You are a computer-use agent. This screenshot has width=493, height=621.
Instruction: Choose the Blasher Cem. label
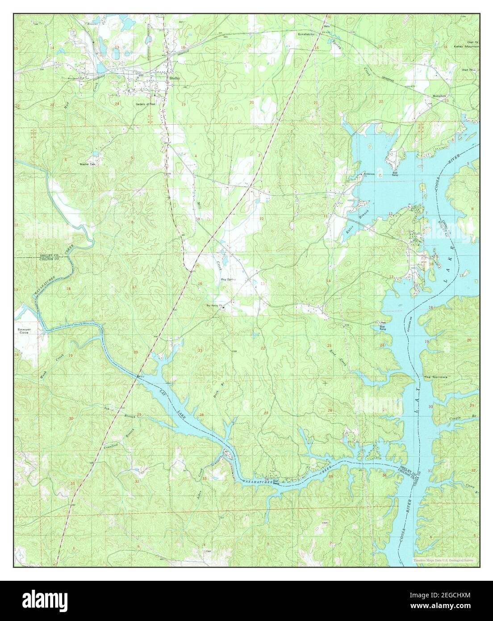[88, 164]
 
